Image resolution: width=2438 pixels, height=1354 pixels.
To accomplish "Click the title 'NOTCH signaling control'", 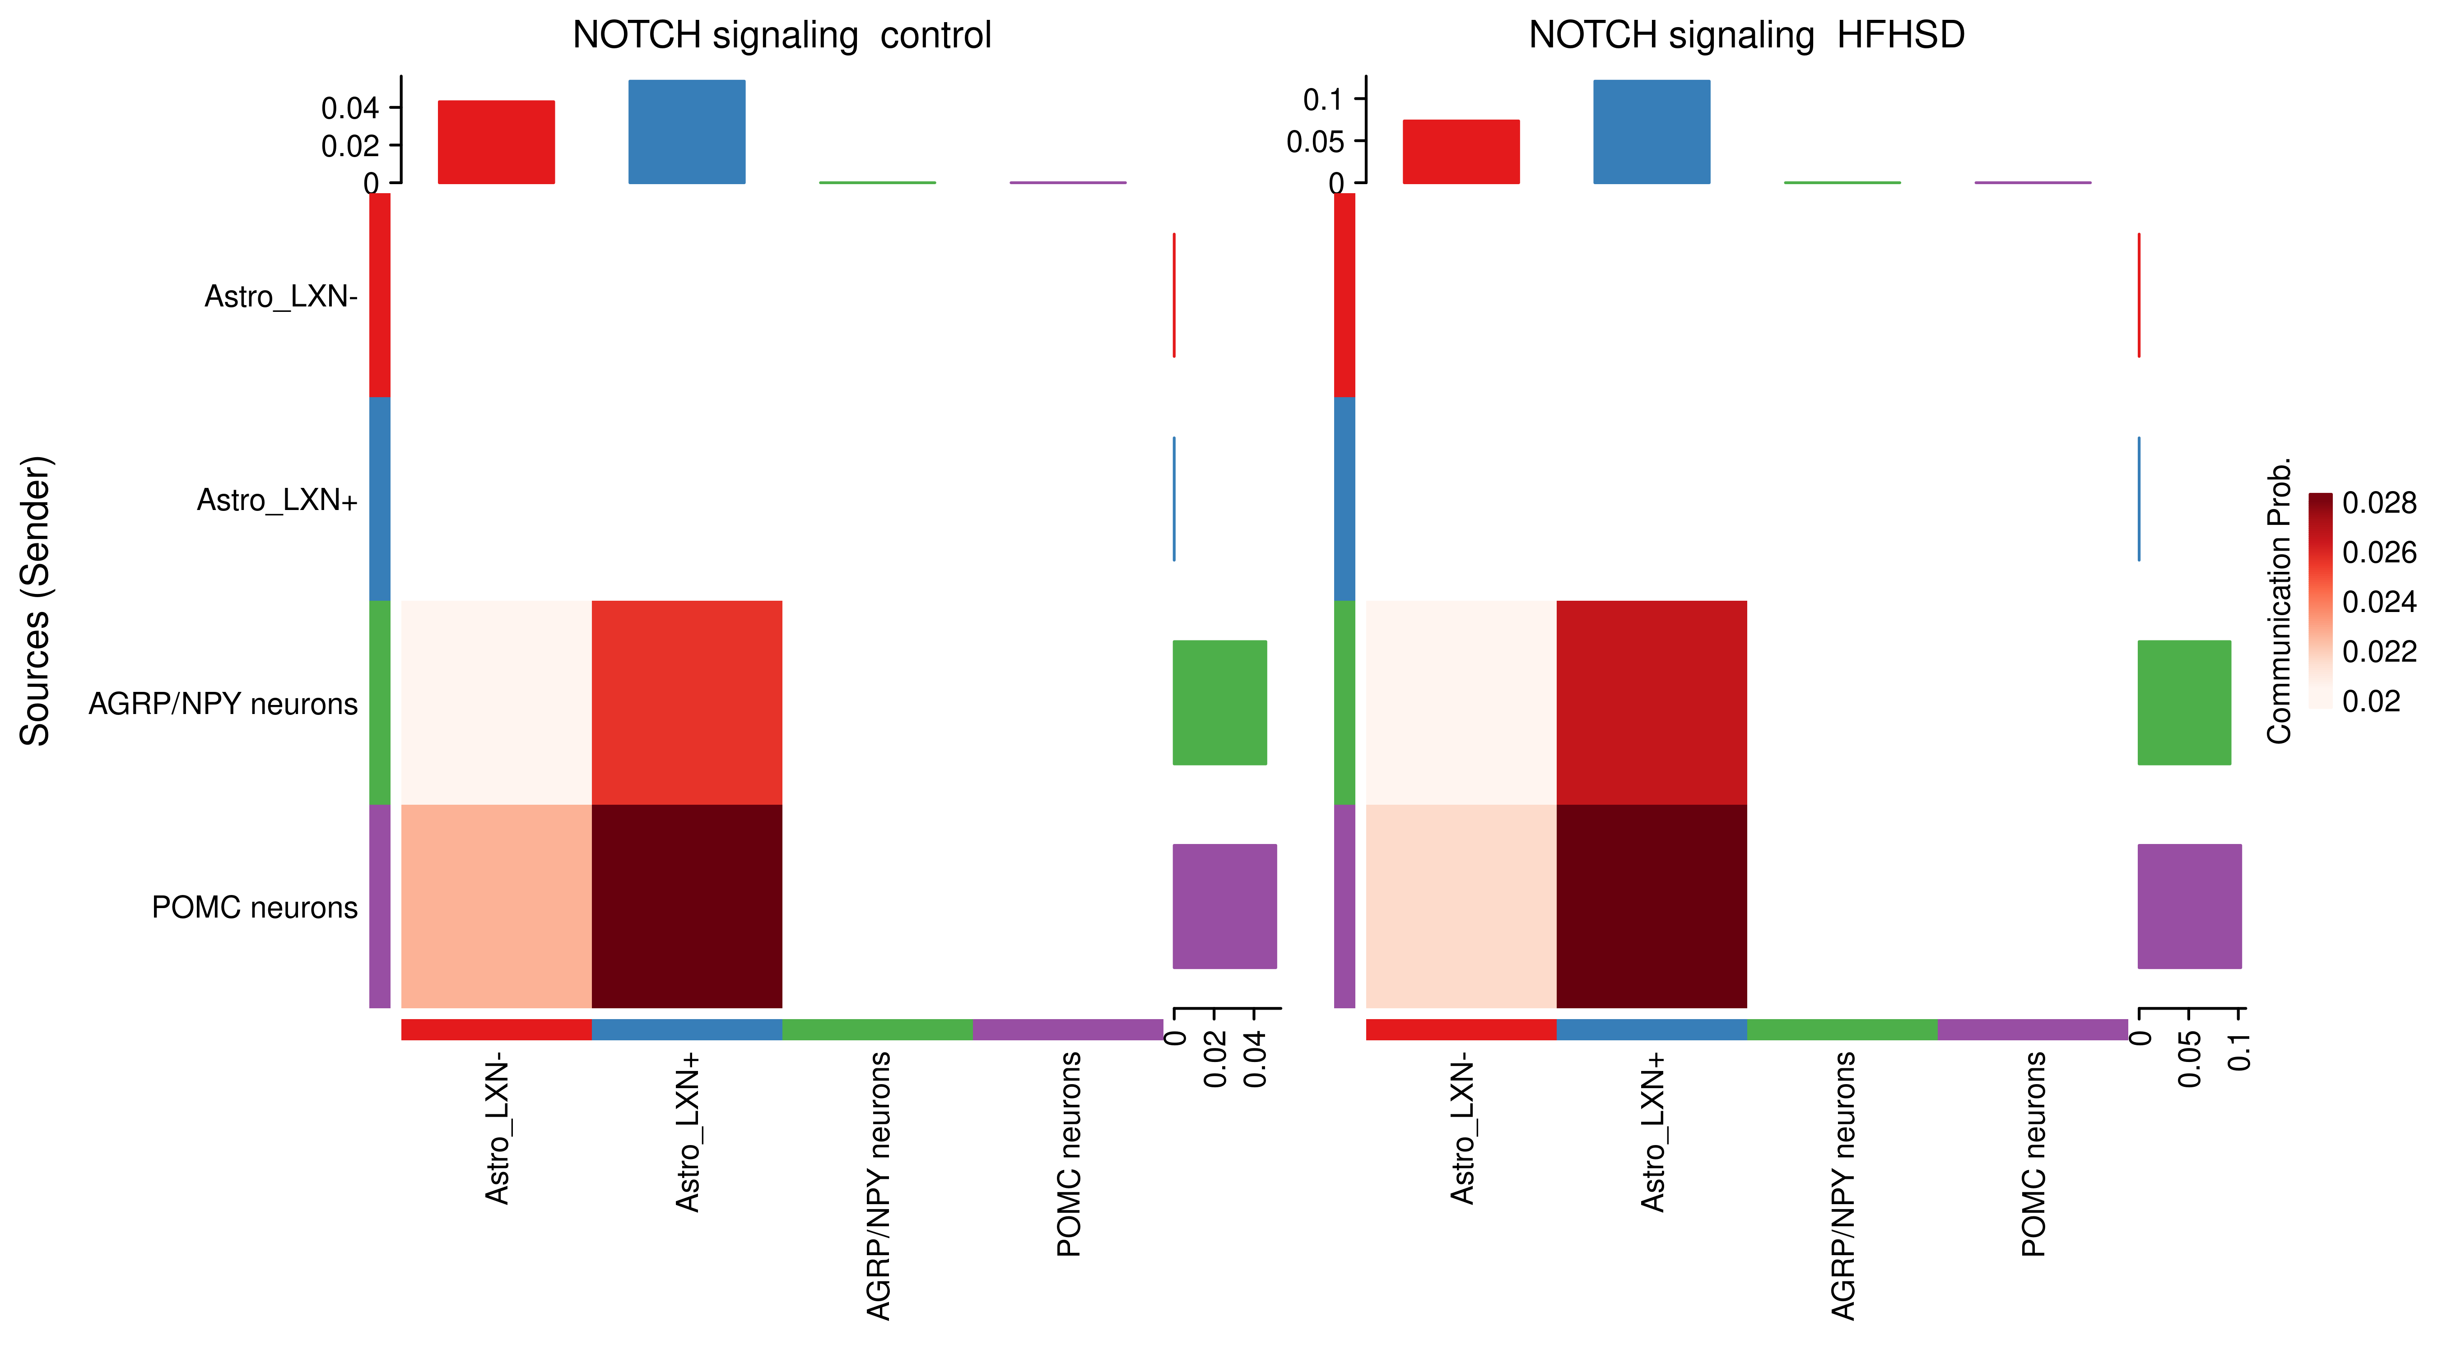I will point(782,36).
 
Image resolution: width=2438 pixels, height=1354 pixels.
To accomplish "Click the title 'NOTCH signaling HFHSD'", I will point(1746,36).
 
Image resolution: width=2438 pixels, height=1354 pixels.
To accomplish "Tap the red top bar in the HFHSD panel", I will point(1461,151).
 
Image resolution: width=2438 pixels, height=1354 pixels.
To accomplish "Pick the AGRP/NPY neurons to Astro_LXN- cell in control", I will point(496,702).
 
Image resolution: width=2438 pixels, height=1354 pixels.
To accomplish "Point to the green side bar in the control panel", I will point(1219,702).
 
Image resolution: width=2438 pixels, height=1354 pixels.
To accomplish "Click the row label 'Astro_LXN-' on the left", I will point(281,297).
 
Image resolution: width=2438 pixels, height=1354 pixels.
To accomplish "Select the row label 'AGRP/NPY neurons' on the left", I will point(223,704).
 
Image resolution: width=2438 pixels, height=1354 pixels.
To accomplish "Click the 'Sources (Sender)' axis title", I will point(36,602).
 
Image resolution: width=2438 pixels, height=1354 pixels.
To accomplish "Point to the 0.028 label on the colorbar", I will point(2378,503).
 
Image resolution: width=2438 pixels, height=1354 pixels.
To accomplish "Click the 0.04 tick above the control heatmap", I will point(350,109).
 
